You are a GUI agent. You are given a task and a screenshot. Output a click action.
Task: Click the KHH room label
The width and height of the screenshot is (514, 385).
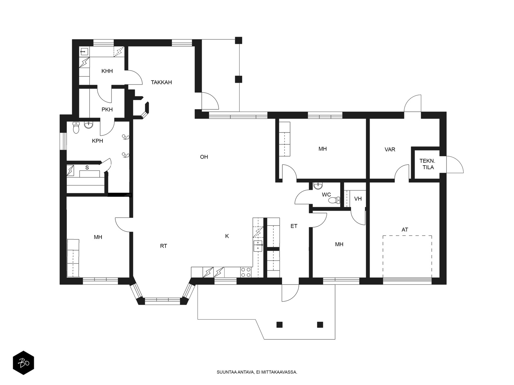tap(107, 71)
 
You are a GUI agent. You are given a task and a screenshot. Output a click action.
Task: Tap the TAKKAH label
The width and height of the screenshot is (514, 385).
tap(161, 82)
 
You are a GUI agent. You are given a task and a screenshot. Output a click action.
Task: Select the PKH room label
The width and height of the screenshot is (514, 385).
tap(107, 109)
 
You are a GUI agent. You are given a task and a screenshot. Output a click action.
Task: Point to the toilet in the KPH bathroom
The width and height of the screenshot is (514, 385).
tap(76, 128)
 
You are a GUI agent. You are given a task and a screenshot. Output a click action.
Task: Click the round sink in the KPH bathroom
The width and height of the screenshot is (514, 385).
tap(89, 125)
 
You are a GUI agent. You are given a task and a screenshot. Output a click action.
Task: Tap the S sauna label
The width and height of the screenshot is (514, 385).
tap(87, 167)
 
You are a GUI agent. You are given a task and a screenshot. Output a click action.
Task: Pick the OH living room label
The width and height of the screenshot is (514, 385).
tap(204, 157)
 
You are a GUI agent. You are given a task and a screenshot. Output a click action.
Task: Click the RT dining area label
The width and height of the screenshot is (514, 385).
tap(164, 246)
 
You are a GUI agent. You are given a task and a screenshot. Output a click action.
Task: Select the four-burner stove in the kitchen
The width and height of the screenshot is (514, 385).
tap(246, 272)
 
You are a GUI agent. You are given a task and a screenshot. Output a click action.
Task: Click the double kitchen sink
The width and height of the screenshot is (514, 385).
tap(258, 246)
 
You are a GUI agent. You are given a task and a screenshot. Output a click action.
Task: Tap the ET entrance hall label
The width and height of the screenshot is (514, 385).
tap(294, 226)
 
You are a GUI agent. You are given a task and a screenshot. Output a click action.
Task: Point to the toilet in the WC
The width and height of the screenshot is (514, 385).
tap(334, 200)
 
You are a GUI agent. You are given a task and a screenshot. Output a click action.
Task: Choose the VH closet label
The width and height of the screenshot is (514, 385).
tap(358, 199)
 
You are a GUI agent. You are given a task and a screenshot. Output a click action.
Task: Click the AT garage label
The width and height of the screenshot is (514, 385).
tap(405, 230)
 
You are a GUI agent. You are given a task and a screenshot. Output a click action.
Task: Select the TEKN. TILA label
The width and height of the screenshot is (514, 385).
tap(427, 164)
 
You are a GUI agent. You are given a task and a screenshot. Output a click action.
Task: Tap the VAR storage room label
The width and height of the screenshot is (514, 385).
tap(390, 150)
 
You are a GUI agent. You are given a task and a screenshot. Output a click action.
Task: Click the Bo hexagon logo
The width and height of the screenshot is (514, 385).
tap(23, 363)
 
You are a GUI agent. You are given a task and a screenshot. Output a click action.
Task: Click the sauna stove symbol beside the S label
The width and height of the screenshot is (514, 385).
tap(70, 170)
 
